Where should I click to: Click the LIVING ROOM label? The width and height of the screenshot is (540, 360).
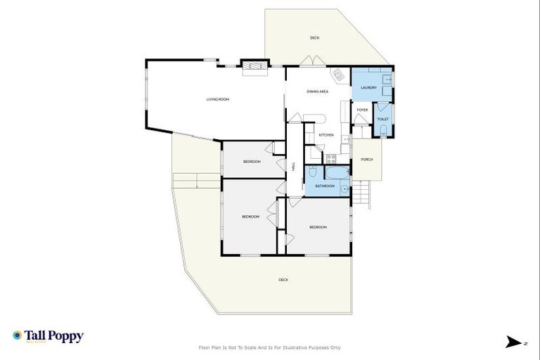[217, 99]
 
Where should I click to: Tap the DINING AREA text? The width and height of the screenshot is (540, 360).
[318, 91]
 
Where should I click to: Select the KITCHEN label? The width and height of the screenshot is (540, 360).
[326, 134]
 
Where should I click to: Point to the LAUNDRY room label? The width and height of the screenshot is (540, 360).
[368, 88]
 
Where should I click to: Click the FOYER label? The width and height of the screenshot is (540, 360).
[362, 110]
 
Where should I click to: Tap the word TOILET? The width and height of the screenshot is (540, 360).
[382, 120]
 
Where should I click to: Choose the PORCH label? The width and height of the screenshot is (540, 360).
[366, 160]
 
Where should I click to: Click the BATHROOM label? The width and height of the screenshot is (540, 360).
[324, 186]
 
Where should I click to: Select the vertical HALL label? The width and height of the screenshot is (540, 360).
[293, 167]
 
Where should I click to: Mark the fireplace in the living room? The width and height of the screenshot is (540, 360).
[254, 67]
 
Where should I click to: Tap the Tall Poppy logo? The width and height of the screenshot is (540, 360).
[48, 336]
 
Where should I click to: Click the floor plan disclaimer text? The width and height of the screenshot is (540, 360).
[270, 347]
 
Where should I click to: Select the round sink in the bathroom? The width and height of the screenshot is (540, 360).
[344, 189]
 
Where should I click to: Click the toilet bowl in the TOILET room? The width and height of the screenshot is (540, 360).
[382, 131]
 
